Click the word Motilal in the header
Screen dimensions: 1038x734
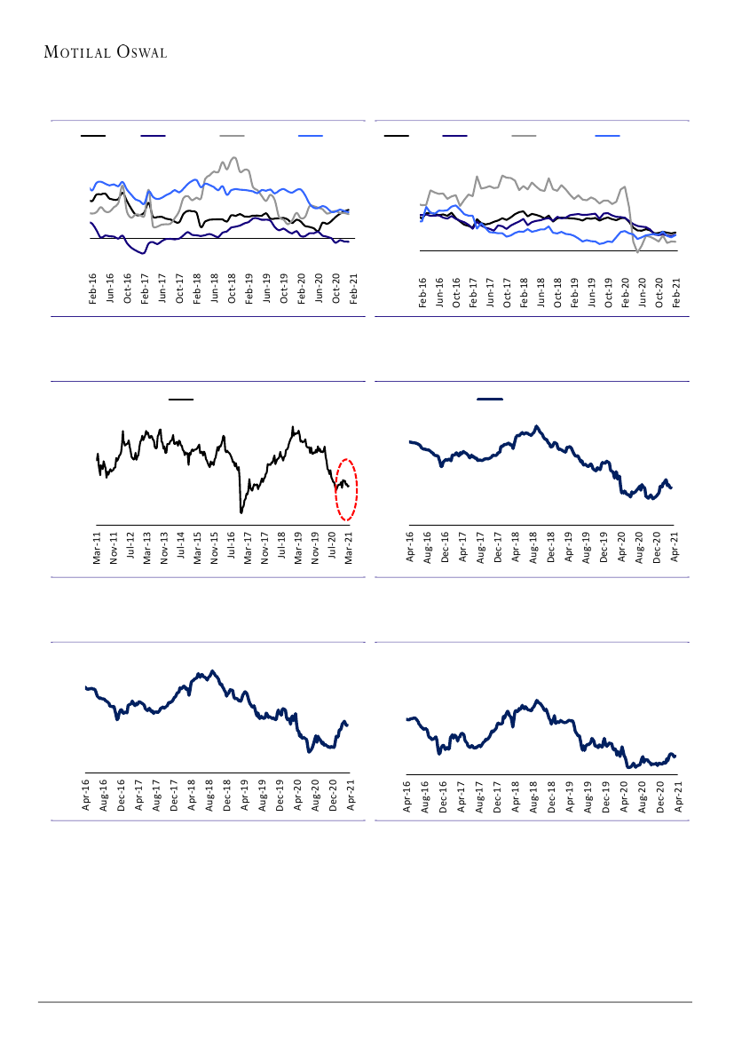pos(75,52)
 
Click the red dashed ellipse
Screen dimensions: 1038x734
pos(346,489)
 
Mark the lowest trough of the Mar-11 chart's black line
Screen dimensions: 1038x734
pos(241,512)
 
